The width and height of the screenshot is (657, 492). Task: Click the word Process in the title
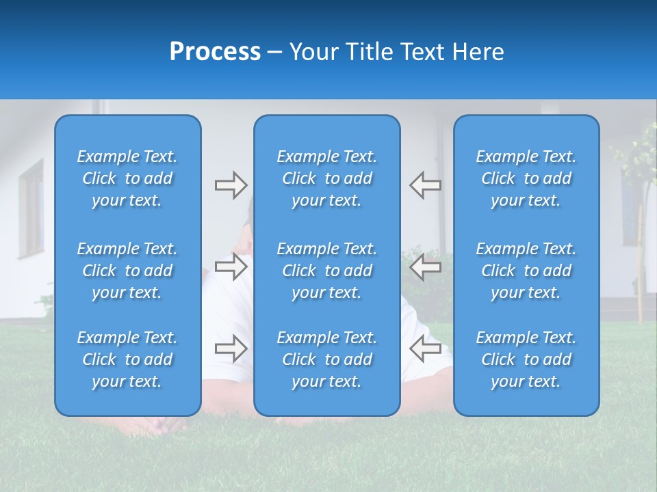coord(215,52)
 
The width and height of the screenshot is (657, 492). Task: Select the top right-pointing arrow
coord(231,185)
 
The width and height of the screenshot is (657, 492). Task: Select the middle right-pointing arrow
coord(231,266)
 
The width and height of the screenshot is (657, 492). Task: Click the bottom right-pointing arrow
coord(231,348)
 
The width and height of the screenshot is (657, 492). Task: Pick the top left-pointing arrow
coord(425,185)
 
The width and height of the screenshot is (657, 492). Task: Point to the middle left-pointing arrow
coord(425,266)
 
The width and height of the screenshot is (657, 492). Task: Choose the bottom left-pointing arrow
coord(425,348)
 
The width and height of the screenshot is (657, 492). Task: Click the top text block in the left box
coord(127,178)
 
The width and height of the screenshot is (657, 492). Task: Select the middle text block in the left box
coord(127,271)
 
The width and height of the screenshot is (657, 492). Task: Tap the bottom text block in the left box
coord(127,359)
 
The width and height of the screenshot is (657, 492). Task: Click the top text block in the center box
coord(327,178)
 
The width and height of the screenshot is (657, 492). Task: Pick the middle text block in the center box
coord(327,271)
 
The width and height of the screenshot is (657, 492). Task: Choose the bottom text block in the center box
coord(327,359)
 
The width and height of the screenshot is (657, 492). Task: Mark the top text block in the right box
coord(526,178)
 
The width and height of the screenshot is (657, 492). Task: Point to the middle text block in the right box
coord(526,271)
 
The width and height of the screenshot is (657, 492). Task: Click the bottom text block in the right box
coord(526,359)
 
